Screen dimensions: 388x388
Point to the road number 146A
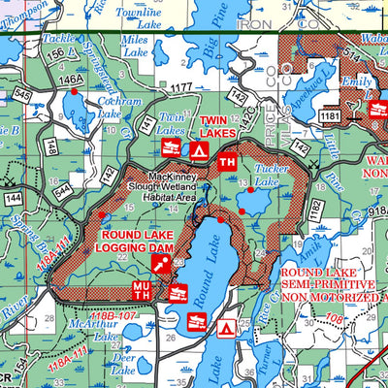click(x=70, y=81)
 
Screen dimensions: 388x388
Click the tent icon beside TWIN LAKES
click(x=198, y=150)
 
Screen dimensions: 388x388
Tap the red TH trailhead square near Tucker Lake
click(x=227, y=161)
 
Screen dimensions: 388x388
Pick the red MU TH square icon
click(x=142, y=290)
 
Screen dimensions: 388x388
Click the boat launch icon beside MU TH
click(x=178, y=292)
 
